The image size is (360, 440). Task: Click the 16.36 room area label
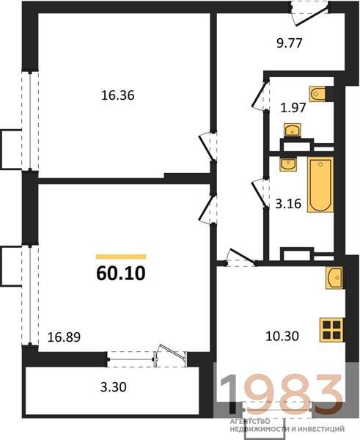pos(118,95)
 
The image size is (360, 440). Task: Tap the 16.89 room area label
pos(65,337)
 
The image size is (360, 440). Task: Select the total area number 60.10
pos(121,274)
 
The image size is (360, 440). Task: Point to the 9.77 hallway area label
pos(290,43)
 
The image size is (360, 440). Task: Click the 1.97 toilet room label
pos(293,108)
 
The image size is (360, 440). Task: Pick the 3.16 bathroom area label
pos(288,203)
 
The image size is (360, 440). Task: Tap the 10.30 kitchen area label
pos(282,336)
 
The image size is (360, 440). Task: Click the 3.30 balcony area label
pos(114,387)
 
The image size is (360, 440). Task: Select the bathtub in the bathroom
pos(320,185)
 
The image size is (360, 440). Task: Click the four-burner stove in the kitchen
pos(332,330)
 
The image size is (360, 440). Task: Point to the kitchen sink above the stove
pos(334,278)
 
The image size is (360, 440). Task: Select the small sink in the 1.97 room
pos(293,130)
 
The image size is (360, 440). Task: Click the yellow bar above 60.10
pos(121,257)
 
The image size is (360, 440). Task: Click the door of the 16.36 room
pos(207,147)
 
